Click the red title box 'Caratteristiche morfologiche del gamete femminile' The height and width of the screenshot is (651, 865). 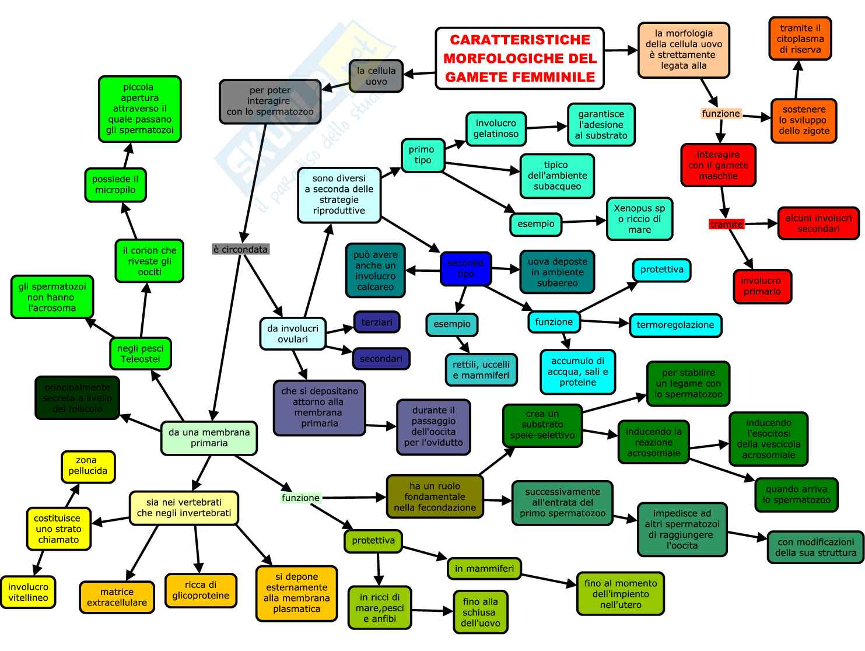pos(520,58)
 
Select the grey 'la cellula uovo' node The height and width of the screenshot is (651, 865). pos(376,76)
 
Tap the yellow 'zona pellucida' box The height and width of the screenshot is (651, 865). pos(88,466)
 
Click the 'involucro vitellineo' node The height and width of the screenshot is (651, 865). pos(28,592)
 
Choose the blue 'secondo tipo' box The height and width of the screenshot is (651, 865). pos(465,268)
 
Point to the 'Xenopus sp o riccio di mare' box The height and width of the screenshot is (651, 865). pos(639,219)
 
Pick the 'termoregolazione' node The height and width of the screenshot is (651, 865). pos(675,325)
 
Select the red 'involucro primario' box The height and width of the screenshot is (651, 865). pos(762,286)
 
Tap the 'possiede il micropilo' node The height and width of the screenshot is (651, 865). pos(115,184)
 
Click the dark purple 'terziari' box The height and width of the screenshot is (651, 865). pos(377,322)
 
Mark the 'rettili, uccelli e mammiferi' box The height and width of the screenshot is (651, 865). pos(481,370)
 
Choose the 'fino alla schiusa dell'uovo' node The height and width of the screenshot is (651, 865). pos(480,612)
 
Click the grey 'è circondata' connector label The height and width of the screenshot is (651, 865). pos(240,250)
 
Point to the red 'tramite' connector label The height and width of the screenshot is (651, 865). pos(726,225)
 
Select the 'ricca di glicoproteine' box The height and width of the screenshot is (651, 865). pos(201,590)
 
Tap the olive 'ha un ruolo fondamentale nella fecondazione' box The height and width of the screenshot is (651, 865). pos(435,496)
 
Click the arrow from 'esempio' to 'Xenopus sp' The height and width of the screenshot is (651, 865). pos(583,221)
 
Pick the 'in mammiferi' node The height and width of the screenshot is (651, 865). pos(484,568)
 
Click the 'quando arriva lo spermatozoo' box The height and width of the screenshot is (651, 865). pos(796,495)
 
